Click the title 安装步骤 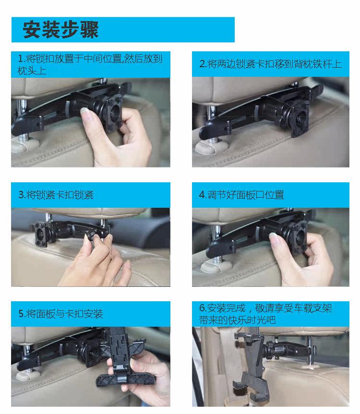61,30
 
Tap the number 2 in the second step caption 202,64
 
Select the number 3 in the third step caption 21,195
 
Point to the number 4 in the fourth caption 202,195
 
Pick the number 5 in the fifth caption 22,314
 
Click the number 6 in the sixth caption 202,308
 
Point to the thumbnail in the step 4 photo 273,237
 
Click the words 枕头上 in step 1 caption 32,71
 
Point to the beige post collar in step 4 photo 213,267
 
